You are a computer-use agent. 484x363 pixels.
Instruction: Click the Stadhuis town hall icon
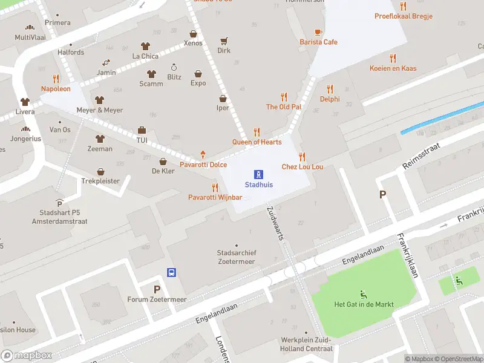point(258,174)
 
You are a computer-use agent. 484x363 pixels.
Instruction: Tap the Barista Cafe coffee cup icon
point(318,32)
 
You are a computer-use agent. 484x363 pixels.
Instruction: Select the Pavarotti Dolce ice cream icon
point(203,155)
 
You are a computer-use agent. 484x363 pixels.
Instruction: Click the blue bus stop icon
point(172,272)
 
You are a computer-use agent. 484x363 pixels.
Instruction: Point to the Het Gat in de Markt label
point(364,304)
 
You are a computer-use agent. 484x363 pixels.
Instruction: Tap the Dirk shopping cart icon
point(224,41)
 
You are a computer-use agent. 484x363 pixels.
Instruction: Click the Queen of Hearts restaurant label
point(257,142)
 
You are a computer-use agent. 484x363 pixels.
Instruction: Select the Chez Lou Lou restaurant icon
point(302,157)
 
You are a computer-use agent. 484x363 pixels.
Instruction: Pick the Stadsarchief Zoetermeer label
point(236,257)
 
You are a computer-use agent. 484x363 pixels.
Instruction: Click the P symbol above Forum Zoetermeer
point(157,289)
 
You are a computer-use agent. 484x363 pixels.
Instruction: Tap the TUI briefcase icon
point(142,130)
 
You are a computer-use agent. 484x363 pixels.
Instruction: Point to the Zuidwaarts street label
point(275,223)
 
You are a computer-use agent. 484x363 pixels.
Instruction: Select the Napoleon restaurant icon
point(56,79)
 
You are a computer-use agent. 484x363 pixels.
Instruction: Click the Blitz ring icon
point(174,67)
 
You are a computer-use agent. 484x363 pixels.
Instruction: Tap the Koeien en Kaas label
point(393,68)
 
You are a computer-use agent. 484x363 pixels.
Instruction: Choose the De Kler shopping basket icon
point(163,162)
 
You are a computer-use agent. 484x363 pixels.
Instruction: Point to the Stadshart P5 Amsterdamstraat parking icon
point(59,203)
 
